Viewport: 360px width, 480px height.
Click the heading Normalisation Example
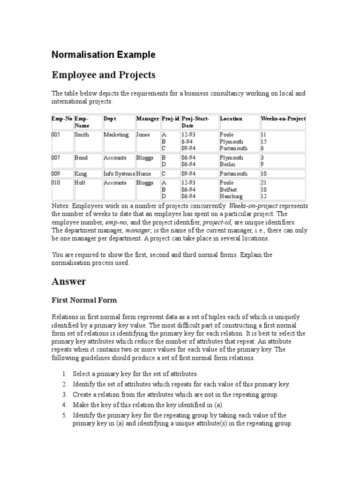click(x=103, y=55)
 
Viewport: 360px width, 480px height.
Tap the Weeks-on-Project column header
click(x=283, y=119)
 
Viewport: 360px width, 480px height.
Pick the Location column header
click(x=231, y=119)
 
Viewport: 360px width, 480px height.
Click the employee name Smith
click(x=82, y=135)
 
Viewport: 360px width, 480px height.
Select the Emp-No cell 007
click(x=56, y=158)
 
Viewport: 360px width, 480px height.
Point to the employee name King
click(x=81, y=174)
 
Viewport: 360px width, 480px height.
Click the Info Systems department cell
click(x=119, y=174)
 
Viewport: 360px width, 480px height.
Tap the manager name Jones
click(x=143, y=135)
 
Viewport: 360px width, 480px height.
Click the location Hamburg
click(x=231, y=196)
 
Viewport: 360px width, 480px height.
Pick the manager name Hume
click(x=143, y=174)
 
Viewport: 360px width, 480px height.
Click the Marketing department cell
click(x=116, y=135)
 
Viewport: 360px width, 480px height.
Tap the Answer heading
click(x=68, y=282)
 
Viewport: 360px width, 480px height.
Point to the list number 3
click(x=64, y=395)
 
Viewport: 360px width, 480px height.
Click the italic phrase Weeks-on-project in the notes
click(x=259, y=206)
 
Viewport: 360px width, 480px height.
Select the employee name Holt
click(x=80, y=183)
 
